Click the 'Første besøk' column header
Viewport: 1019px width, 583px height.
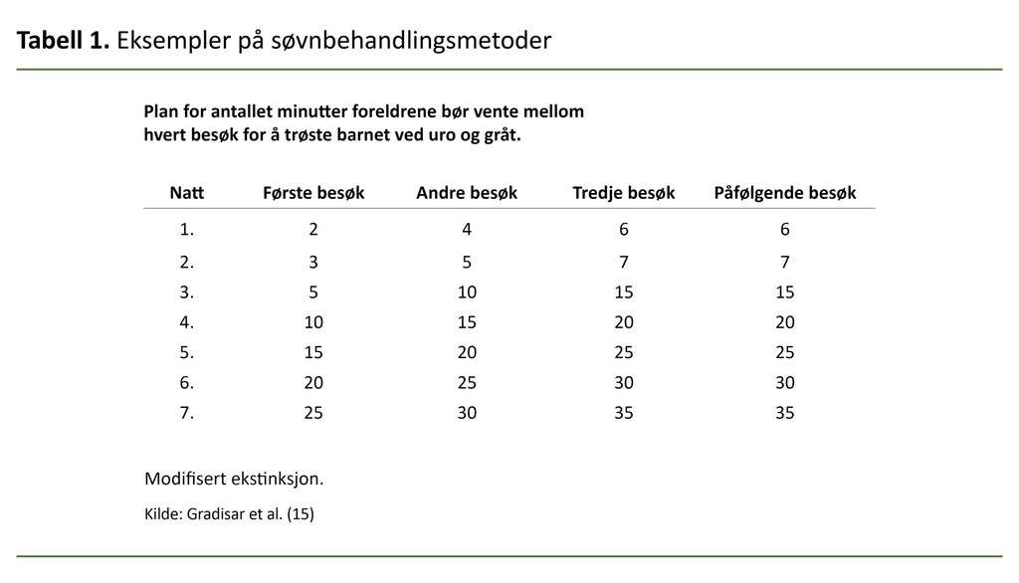point(313,193)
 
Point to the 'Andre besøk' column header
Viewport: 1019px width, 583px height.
point(467,193)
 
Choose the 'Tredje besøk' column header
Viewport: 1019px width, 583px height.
point(624,193)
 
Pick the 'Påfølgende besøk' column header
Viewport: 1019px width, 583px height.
point(785,193)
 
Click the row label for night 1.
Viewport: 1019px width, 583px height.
point(187,230)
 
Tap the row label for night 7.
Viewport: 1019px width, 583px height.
point(187,412)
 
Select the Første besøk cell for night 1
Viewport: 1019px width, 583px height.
point(313,230)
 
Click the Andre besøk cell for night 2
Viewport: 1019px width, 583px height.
point(467,263)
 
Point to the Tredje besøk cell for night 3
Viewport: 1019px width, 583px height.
point(624,292)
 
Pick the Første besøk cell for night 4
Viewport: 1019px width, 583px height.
point(313,322)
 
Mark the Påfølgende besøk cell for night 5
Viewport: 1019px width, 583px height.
point(785,352)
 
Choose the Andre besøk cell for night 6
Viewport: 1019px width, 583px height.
point(467,382)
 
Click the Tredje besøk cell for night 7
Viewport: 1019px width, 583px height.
point(624,412)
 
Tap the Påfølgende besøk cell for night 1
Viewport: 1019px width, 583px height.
point(785,230)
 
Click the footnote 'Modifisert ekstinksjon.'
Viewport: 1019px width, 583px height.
point(234,480)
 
